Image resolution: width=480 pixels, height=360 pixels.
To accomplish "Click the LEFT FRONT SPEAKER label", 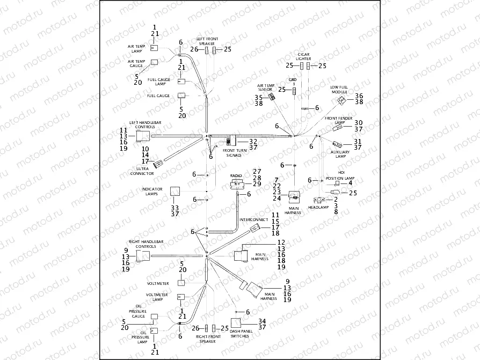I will pyautogui.click(x=207, y=41).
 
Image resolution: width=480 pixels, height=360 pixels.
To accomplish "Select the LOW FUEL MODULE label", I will pyautogui.click(x=339, y=89).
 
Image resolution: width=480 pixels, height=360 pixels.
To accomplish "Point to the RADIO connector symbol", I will pyautogui.click(x=237, y=184).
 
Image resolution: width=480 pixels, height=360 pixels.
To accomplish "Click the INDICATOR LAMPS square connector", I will pyautogui.click(x=176, y=192).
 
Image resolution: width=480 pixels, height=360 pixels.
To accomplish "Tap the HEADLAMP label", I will pyautogui.click(x=319, y=207).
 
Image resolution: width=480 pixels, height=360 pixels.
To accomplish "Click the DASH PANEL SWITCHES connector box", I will pyautogui.click(x=236, y=324).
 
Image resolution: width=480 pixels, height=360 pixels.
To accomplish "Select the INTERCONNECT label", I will pyautogui.click(x=250, y=220).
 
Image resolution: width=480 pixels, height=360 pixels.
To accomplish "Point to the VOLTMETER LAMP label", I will pyautogui.click(x=157, y=297).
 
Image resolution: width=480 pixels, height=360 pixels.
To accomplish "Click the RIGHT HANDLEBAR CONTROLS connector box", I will pyautogui.click(x=143, y=256).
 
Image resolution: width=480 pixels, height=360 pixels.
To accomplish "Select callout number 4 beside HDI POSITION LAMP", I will pyautogui.click(x=350, y=183).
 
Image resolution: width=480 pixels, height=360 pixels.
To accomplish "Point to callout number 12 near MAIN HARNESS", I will pyautogui.click(x=281, y=243).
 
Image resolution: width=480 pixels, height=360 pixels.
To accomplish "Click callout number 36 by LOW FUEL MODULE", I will pyautogui.click(x=359, y=95).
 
